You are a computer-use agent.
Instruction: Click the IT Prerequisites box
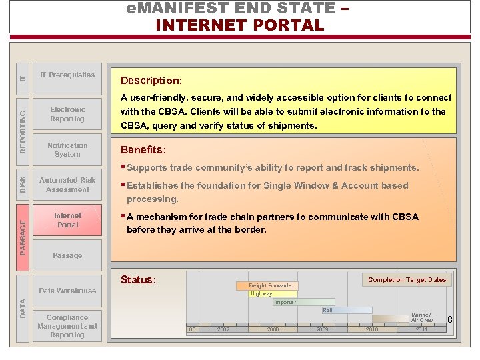pyautogui.click(x=67, y=75)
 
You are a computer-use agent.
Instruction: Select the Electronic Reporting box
pyautogui.click(x=67, y=114)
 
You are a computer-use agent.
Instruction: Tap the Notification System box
pyautogui.click(x=67, y=149)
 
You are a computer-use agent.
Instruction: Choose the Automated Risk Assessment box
pyautogui.click(x=67, y=185)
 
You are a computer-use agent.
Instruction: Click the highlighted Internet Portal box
pyautogui.click(x=67, y=221)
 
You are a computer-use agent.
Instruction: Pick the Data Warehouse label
pyautogui.click(x=67, y=291)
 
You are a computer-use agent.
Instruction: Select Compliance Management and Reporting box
pyautogui.click(x=67, y=326)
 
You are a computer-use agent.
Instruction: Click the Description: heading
pyautogui.click(x=151, y=81)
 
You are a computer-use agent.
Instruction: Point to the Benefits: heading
pyautogui.click(x=143, y=150)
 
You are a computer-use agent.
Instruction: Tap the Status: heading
pyautogui.click(x=138, y=280)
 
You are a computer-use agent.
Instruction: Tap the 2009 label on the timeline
pyautogui.click(x=323, y=329)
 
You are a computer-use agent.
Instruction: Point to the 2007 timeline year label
pyautogui.click(x=223, y=329)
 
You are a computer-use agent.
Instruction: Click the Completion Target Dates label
pyautogui.click(x=407, y=280)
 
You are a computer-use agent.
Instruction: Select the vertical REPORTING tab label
pyautogui.click(x=23, y=123)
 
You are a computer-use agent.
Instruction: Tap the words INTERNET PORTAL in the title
pyautogui.click(x=239, y=25)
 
